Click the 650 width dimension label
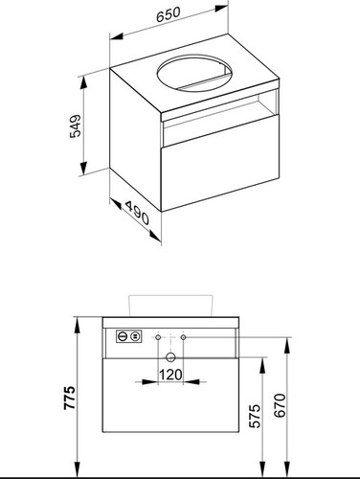tap(169, 14)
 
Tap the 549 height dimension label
tap(76, 126)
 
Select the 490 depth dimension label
tap(137, 213)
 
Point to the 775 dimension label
tap(69, 398)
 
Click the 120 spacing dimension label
tap(170, 375)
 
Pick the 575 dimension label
tap(255, 416)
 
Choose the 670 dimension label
tap(280, 405)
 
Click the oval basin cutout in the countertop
tap(194, 73)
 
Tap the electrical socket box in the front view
tap(128, 336)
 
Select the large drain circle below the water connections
tap(170, 357)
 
